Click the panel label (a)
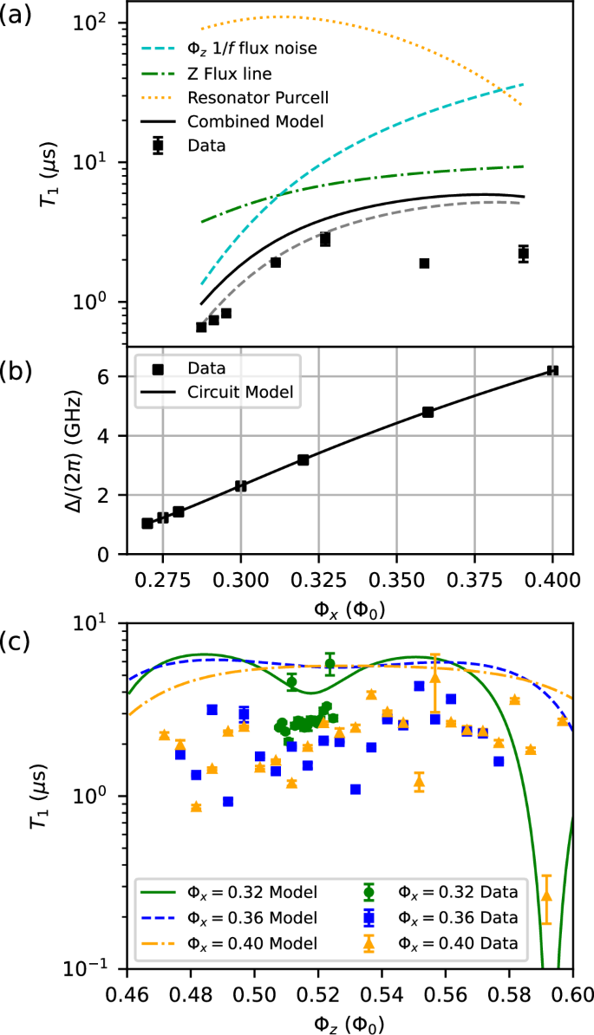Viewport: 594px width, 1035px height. pos(17,15)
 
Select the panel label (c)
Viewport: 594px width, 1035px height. pos(17,641)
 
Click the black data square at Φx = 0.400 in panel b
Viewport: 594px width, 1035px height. pos(552,370)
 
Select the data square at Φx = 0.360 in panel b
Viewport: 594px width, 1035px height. pos(428,412)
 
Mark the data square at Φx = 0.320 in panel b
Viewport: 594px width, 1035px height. pos(303,459)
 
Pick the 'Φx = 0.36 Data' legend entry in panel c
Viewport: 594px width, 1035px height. pos(457,917)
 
